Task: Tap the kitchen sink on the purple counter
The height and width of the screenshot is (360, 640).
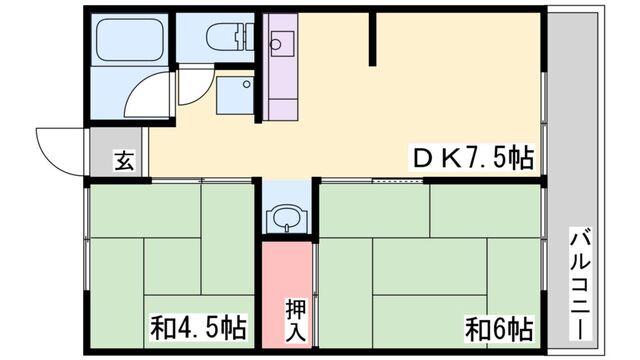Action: pos(280,43)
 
